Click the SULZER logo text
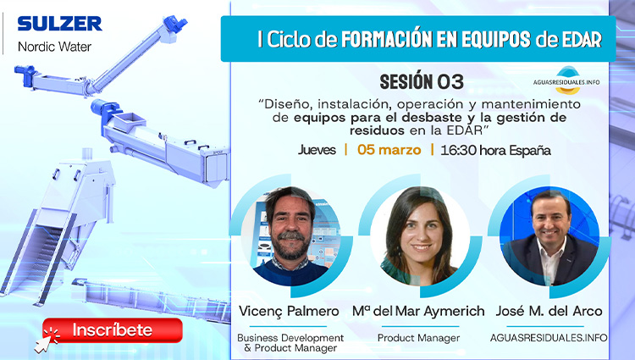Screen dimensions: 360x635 58,23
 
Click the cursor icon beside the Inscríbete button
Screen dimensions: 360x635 43,340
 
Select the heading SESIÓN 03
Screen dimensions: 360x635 422,81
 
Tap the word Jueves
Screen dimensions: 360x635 317,151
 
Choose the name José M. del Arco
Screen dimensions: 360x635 549,310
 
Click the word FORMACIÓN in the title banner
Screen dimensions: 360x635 399,38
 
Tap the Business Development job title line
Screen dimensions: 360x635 290,337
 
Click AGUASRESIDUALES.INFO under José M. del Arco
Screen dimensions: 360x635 549,337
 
